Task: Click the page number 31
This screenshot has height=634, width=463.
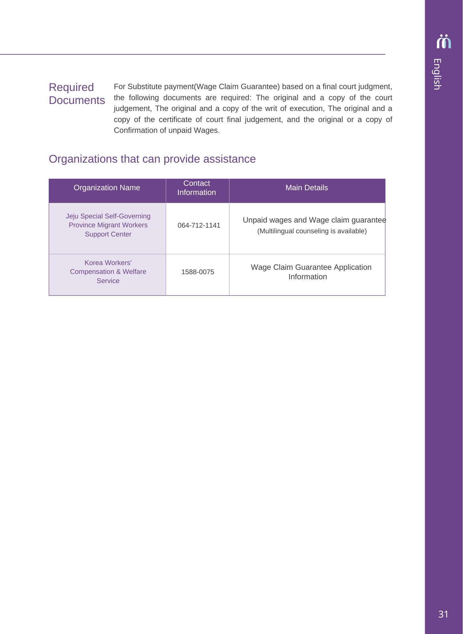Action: [x=443, y=614]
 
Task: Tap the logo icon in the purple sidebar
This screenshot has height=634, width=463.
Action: [x=444, y=42]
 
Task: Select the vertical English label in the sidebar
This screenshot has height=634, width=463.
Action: [x=437, y=74]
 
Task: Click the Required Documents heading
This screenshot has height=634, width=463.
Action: [x=77, y=94]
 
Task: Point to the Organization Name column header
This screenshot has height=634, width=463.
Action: [x=107, y=188]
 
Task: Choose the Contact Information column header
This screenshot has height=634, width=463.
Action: [x=197, y=188]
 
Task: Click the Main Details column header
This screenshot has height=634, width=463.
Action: [x=306, y=188]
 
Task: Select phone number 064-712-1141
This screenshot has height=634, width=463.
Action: [x=199, y=225]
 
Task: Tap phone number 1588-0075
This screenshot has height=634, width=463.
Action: [x=197, y=272]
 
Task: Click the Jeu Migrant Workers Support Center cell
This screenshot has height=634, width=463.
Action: [x=108, y=225]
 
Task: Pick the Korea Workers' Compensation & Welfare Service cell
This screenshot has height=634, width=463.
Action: [x=108, y=272]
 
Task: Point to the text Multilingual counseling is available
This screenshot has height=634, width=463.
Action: [x=312, y=231]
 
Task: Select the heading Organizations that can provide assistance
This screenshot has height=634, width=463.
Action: [x=152, y=159]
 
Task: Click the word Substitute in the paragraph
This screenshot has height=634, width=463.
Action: [x=145, y=87]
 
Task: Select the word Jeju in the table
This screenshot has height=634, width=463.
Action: [x=72, y=216]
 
